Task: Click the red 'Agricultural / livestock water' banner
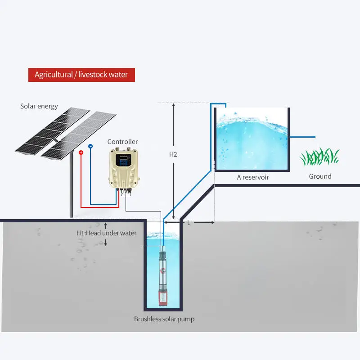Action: [81, 74]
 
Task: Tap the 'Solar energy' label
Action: [39, 106]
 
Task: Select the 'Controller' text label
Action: [122, 142]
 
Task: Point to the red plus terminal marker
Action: [81, 153]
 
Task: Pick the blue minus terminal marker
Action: [90, 146]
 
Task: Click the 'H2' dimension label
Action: [173, 154]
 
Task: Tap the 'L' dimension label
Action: [189, 223]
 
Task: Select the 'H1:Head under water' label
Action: [106, 233]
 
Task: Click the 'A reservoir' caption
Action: [253, 177]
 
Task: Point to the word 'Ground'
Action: [320, 176]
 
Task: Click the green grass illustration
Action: [320, 157]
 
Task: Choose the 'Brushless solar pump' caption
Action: [164, 319]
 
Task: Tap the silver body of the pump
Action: [162, 270]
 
